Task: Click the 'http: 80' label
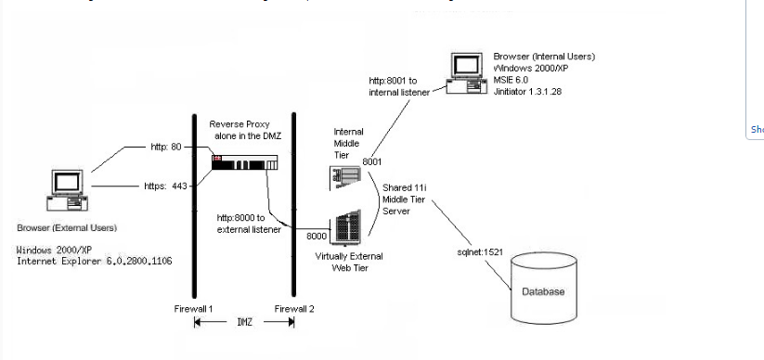click(x=169, y=147)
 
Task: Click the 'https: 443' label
click(x=166, y=186)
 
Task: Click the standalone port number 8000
click(x=317, y=237)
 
